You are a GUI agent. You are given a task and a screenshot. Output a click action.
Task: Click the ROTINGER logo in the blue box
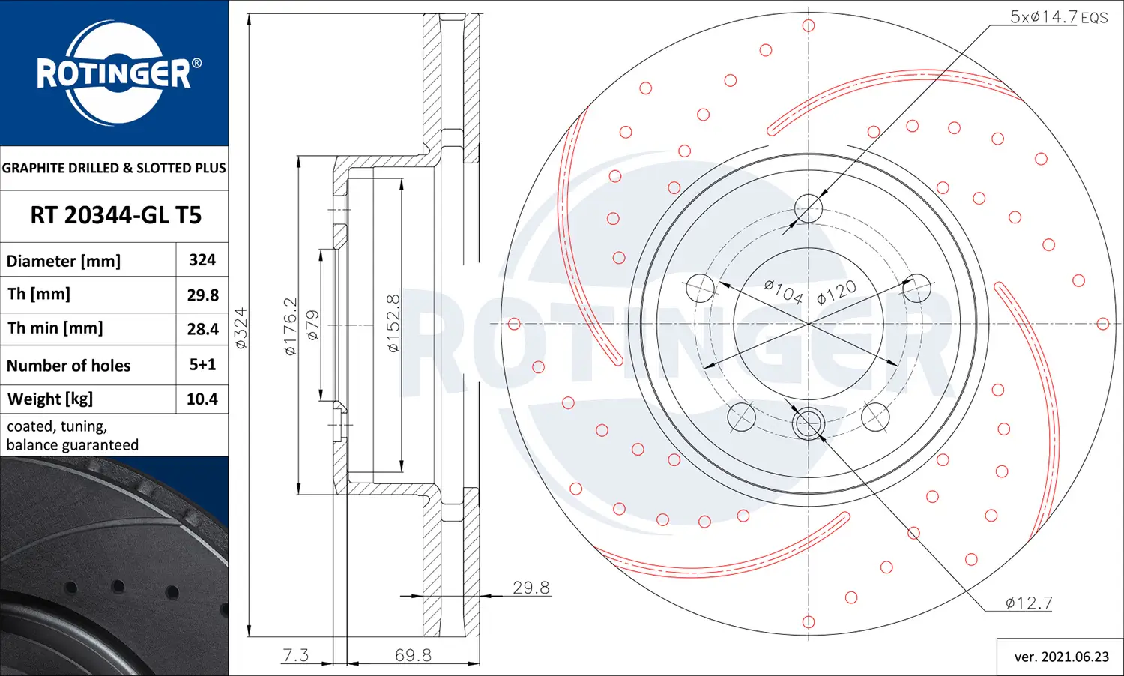(x=115, y=73)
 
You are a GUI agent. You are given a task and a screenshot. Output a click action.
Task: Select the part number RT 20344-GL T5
(x=115, y=216)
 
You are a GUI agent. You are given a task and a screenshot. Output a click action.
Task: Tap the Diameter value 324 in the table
(x=202, y=260)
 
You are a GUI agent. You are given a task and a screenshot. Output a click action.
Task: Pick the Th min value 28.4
(x=202, y=329)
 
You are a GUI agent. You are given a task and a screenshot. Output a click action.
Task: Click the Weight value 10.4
(x=202, y=399)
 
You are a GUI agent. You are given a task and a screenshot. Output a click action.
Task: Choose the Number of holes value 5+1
(x=202, y=365)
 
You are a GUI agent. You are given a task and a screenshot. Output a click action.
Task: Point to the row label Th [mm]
(x=39, y=295)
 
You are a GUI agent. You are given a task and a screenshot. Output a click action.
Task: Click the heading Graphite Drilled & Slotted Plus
(x=114, y=168)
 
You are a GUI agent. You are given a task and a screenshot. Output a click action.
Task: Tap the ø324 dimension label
(x=241, y=328)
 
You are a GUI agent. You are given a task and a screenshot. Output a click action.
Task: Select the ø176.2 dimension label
(x=291, y=326)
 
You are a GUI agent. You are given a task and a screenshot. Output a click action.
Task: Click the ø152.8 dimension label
(x=393, y=323)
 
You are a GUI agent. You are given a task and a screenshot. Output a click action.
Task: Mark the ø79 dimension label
(x=313, y=325)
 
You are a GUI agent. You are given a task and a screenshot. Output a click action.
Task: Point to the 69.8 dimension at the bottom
(x=413, y=655)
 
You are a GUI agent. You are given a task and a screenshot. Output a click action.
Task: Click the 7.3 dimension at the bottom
(x=295, y=655)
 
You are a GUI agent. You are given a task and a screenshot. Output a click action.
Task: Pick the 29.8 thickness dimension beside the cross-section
(x=531, y=588)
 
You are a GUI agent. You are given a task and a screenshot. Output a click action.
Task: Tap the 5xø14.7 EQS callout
(x=1058, y=17)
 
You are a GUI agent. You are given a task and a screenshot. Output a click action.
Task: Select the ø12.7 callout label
(x=1028, y=603)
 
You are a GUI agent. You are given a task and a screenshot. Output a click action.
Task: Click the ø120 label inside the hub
(x=836, y=292)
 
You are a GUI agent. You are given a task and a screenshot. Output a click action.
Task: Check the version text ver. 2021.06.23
(x=1061, y=657)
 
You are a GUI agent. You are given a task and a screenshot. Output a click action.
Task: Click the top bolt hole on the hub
(x=809, y=208)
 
